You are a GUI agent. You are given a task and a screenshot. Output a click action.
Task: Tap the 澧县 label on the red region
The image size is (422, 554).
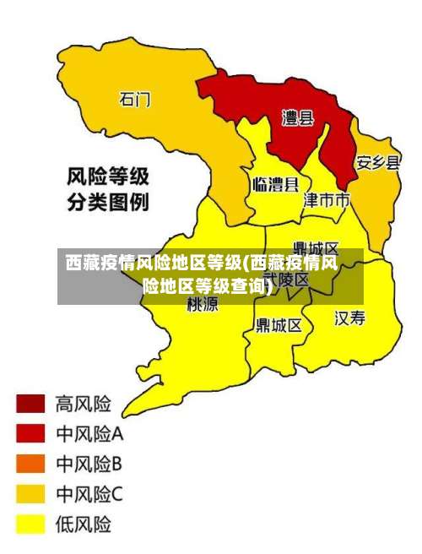(297, 118)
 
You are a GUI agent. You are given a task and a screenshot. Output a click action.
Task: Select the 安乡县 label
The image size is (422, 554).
(377, 162)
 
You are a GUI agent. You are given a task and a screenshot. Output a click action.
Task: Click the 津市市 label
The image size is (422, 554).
(326, 200)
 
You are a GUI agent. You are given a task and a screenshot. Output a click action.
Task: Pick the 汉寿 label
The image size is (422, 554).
(350, 318)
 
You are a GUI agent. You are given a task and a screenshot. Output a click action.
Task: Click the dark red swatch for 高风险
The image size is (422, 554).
(30, 403)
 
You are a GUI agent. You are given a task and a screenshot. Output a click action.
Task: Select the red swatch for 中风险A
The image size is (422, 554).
(30, 433)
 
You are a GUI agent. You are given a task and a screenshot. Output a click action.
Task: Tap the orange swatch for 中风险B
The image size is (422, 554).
(30, 464)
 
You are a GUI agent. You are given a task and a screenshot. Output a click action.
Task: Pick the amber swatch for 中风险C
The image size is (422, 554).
(30, 494)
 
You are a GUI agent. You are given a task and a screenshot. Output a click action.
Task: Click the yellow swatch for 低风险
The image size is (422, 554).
(30, 524)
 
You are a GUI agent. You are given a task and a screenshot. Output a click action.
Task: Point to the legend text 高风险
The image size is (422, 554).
(83, 403)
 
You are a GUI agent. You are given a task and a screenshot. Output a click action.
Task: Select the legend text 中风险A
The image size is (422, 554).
(89, 434)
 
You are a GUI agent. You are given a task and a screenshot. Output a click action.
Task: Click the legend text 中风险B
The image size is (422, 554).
(89, 464)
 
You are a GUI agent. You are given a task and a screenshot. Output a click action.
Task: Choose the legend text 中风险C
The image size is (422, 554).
(89, 494)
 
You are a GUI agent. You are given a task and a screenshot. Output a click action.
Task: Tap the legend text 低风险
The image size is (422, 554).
(83, 524)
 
